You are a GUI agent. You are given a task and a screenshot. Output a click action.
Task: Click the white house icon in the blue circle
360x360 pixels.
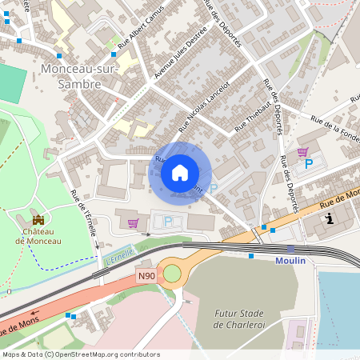180,172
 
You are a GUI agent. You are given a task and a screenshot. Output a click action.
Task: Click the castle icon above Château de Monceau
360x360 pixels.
38,219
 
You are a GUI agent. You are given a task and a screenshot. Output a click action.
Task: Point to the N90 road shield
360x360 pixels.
145,275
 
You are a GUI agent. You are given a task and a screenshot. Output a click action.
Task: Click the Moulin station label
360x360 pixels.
290,262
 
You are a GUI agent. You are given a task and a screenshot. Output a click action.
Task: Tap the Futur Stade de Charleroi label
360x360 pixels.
242,319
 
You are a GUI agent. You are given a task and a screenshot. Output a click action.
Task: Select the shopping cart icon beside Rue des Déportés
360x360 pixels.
302,152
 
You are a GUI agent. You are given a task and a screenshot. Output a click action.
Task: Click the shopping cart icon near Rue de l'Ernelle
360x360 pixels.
133,223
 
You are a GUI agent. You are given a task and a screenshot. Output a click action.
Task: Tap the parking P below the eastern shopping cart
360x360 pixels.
308,166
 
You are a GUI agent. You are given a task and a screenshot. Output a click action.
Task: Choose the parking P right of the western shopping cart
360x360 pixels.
167,222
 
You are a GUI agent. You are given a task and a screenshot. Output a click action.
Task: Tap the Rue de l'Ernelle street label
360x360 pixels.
84,212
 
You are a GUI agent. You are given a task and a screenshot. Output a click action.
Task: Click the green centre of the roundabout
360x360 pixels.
172,274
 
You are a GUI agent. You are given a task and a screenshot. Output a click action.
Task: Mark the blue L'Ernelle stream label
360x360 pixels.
119,254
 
